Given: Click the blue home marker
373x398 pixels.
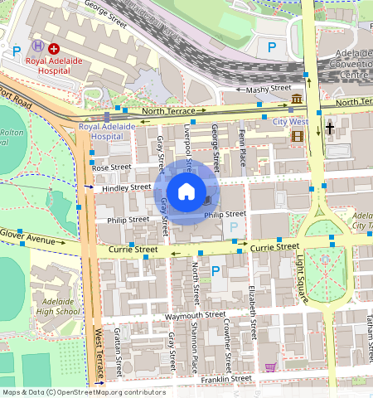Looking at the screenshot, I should tap(186, 192).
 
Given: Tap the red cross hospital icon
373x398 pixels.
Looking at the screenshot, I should tap(54, 50).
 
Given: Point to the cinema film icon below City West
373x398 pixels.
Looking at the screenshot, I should tap(297, 135).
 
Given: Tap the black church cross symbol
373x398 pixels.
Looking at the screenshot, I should tap(330, 129).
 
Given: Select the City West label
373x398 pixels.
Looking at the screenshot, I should tap(290, 122).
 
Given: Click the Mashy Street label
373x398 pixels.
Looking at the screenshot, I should tap(270, 88).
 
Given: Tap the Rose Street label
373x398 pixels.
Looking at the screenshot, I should tap(112, 167).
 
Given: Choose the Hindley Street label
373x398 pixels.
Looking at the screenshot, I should tap(126, 188).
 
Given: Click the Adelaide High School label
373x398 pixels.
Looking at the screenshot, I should tap(57, 306).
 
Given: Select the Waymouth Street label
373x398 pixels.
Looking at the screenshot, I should tap(195, 315).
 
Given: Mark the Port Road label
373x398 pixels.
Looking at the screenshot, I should tap(15, 98).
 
